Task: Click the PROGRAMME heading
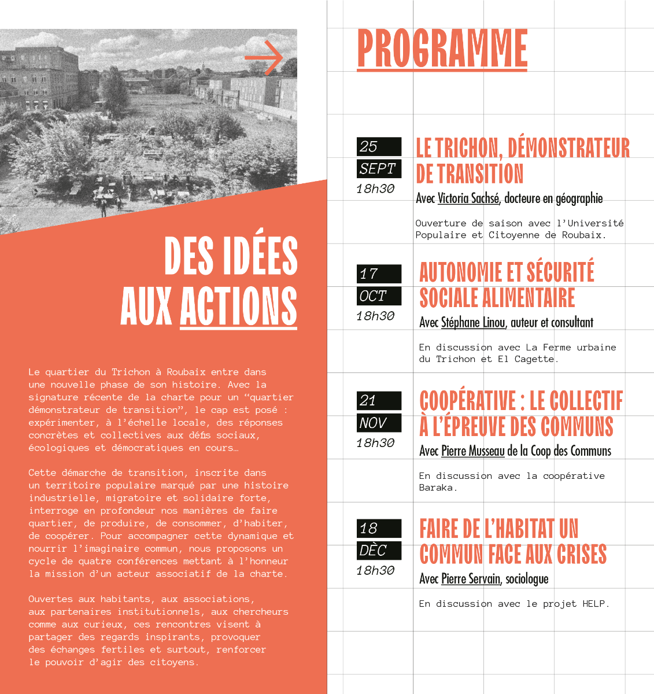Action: coord(442,49)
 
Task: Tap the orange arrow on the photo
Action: coord(264,58)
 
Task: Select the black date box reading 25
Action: coord(379,147)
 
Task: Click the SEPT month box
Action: coord(379,169)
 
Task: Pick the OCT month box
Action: coord(379,296)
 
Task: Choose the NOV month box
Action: coord(379,423)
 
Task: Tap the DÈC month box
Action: coord(379,551)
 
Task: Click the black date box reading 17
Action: coord(379,274)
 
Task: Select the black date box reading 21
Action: coord(379,400)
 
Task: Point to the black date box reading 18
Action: coord(379,528)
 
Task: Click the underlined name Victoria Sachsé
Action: coord(468,198)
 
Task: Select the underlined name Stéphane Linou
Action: coord(472,323)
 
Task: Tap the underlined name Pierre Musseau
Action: coord(472,451)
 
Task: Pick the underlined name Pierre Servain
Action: coord(470,579)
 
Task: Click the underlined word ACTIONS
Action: coord(238,305)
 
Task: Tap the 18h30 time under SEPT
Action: coord(375,189)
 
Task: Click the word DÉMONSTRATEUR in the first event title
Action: coord(568,148)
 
